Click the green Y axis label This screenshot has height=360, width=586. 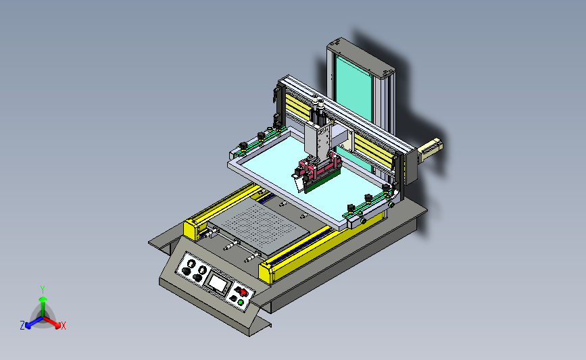pyautogui.click(x=43, y=290)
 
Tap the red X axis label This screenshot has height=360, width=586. pyautogui.click(x=63, y=326)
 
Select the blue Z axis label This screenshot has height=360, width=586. pyautogui.click(x=22, y=326)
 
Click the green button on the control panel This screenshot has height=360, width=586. pyautogui.click(x=241, y=302)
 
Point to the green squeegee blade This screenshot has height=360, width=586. pyautogui.click(x=322, y=181)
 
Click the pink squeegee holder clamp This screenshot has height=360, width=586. pyautogui.click(x=320, y=167)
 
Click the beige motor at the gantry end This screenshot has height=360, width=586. pyautogui.click(x=430, y=148)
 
